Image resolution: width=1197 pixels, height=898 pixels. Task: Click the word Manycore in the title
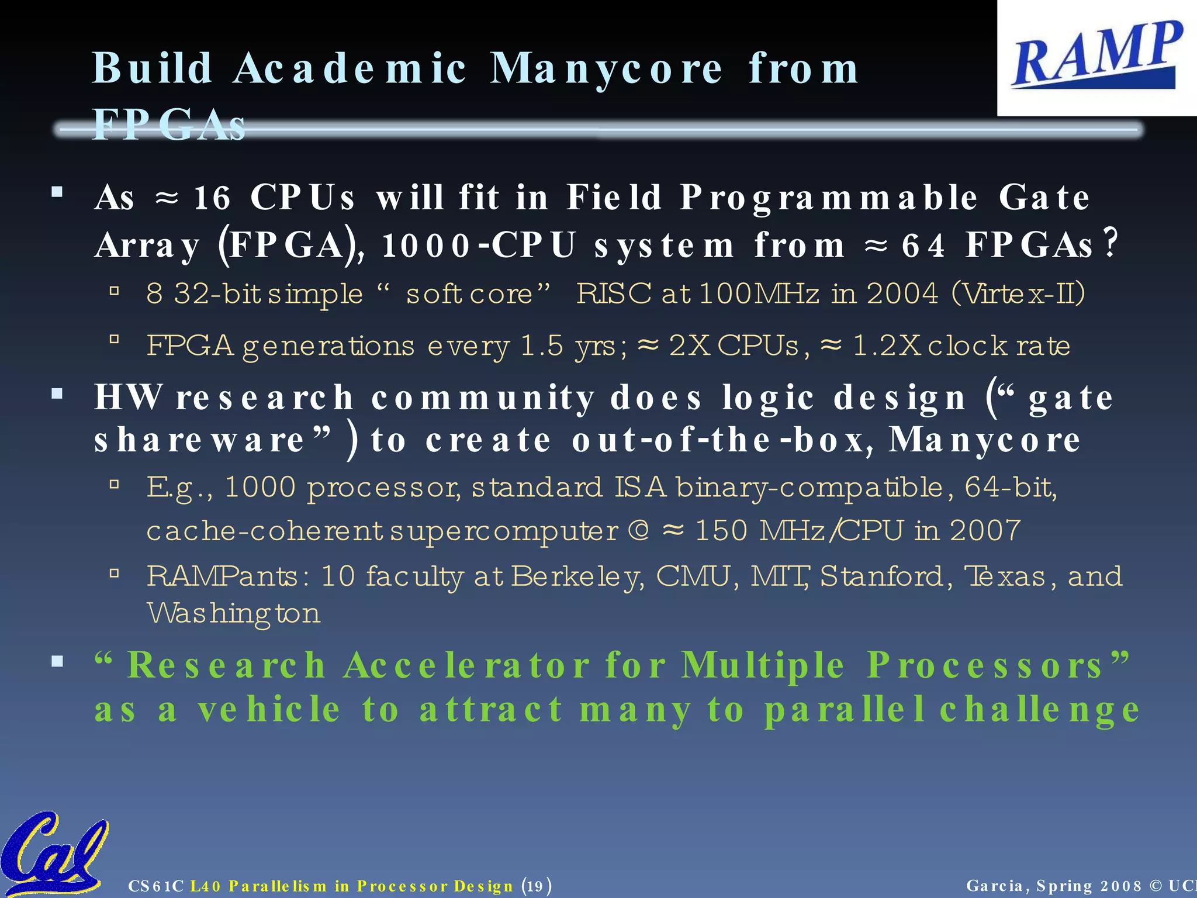pos(606,69)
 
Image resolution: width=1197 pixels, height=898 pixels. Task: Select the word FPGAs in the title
pos(168,125)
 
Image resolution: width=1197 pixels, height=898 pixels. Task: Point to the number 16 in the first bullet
pos(212,198)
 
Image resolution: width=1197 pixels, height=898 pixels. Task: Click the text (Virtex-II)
pos(1018,293)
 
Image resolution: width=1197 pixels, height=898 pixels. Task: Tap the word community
pos(483,398)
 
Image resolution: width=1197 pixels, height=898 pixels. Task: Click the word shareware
pos(200,440)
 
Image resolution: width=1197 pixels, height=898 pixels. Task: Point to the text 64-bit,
pos(1010,487)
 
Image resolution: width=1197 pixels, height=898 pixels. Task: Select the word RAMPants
pos(223,576)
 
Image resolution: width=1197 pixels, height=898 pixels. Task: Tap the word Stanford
pos(881,576)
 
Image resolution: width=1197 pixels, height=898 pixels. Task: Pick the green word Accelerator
pos(466,666)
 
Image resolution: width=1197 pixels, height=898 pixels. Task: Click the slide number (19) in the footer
pos(536,886)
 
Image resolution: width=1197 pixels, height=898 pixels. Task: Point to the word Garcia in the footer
pos(995,886)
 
